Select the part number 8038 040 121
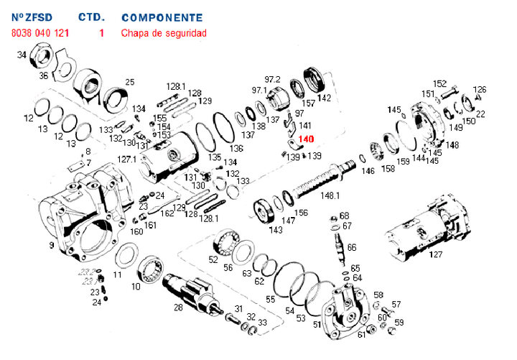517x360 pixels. (40, 33)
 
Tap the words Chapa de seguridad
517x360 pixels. (164, 33)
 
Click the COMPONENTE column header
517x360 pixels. (162, 17)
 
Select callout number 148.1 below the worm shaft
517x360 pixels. (330, 195)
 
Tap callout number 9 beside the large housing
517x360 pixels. (52, 246)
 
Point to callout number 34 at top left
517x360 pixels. (22, 55)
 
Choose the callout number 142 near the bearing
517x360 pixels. (325, 98)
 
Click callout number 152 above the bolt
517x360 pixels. (439, 83)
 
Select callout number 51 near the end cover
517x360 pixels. (317, 325)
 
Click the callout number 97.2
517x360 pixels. (272, 78)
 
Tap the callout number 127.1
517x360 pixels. (126, 159)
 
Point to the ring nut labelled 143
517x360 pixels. (266, 213)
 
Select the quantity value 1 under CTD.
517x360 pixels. (101, 33)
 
